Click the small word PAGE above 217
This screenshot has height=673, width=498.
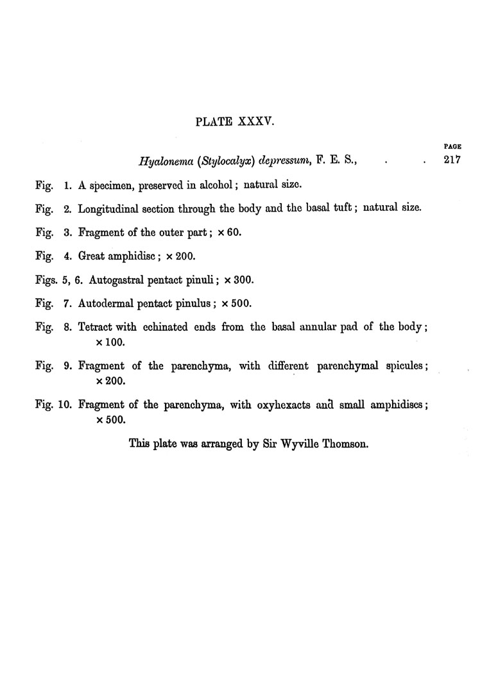tap(453, 146)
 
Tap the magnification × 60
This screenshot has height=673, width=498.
tap(228, 233)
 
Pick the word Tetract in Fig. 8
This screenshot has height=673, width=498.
tap(96, 327)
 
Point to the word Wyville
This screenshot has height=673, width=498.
tap(298, 443)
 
